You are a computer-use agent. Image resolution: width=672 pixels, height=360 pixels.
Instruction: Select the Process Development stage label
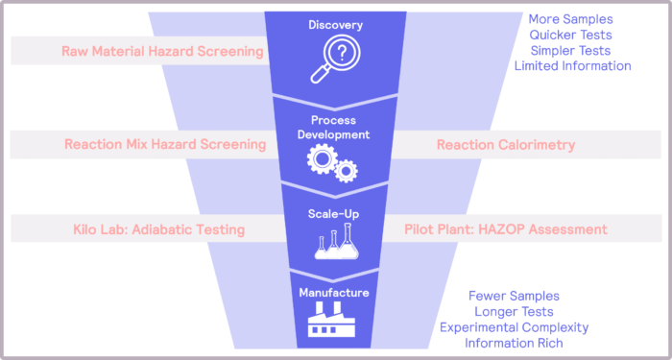pos(334,128)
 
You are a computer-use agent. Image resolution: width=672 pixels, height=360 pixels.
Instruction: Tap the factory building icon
pos(333,318)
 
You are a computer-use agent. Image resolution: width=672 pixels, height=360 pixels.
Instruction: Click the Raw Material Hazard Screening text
pos(162,51)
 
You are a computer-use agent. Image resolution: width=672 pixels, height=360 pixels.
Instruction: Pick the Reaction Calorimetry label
pos(506,145)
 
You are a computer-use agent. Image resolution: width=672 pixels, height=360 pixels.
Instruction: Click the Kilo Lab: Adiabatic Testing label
pos(158,229)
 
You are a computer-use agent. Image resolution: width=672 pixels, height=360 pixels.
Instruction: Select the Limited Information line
pos(573,66)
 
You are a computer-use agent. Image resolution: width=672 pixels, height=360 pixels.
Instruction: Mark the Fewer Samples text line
pos(515,297)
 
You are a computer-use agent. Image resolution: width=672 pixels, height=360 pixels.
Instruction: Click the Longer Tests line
pos(515,312)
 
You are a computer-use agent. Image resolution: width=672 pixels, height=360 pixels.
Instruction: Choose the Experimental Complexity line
pos(515,327)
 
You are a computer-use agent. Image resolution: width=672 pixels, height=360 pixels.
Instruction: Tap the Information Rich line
pos(515,343)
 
